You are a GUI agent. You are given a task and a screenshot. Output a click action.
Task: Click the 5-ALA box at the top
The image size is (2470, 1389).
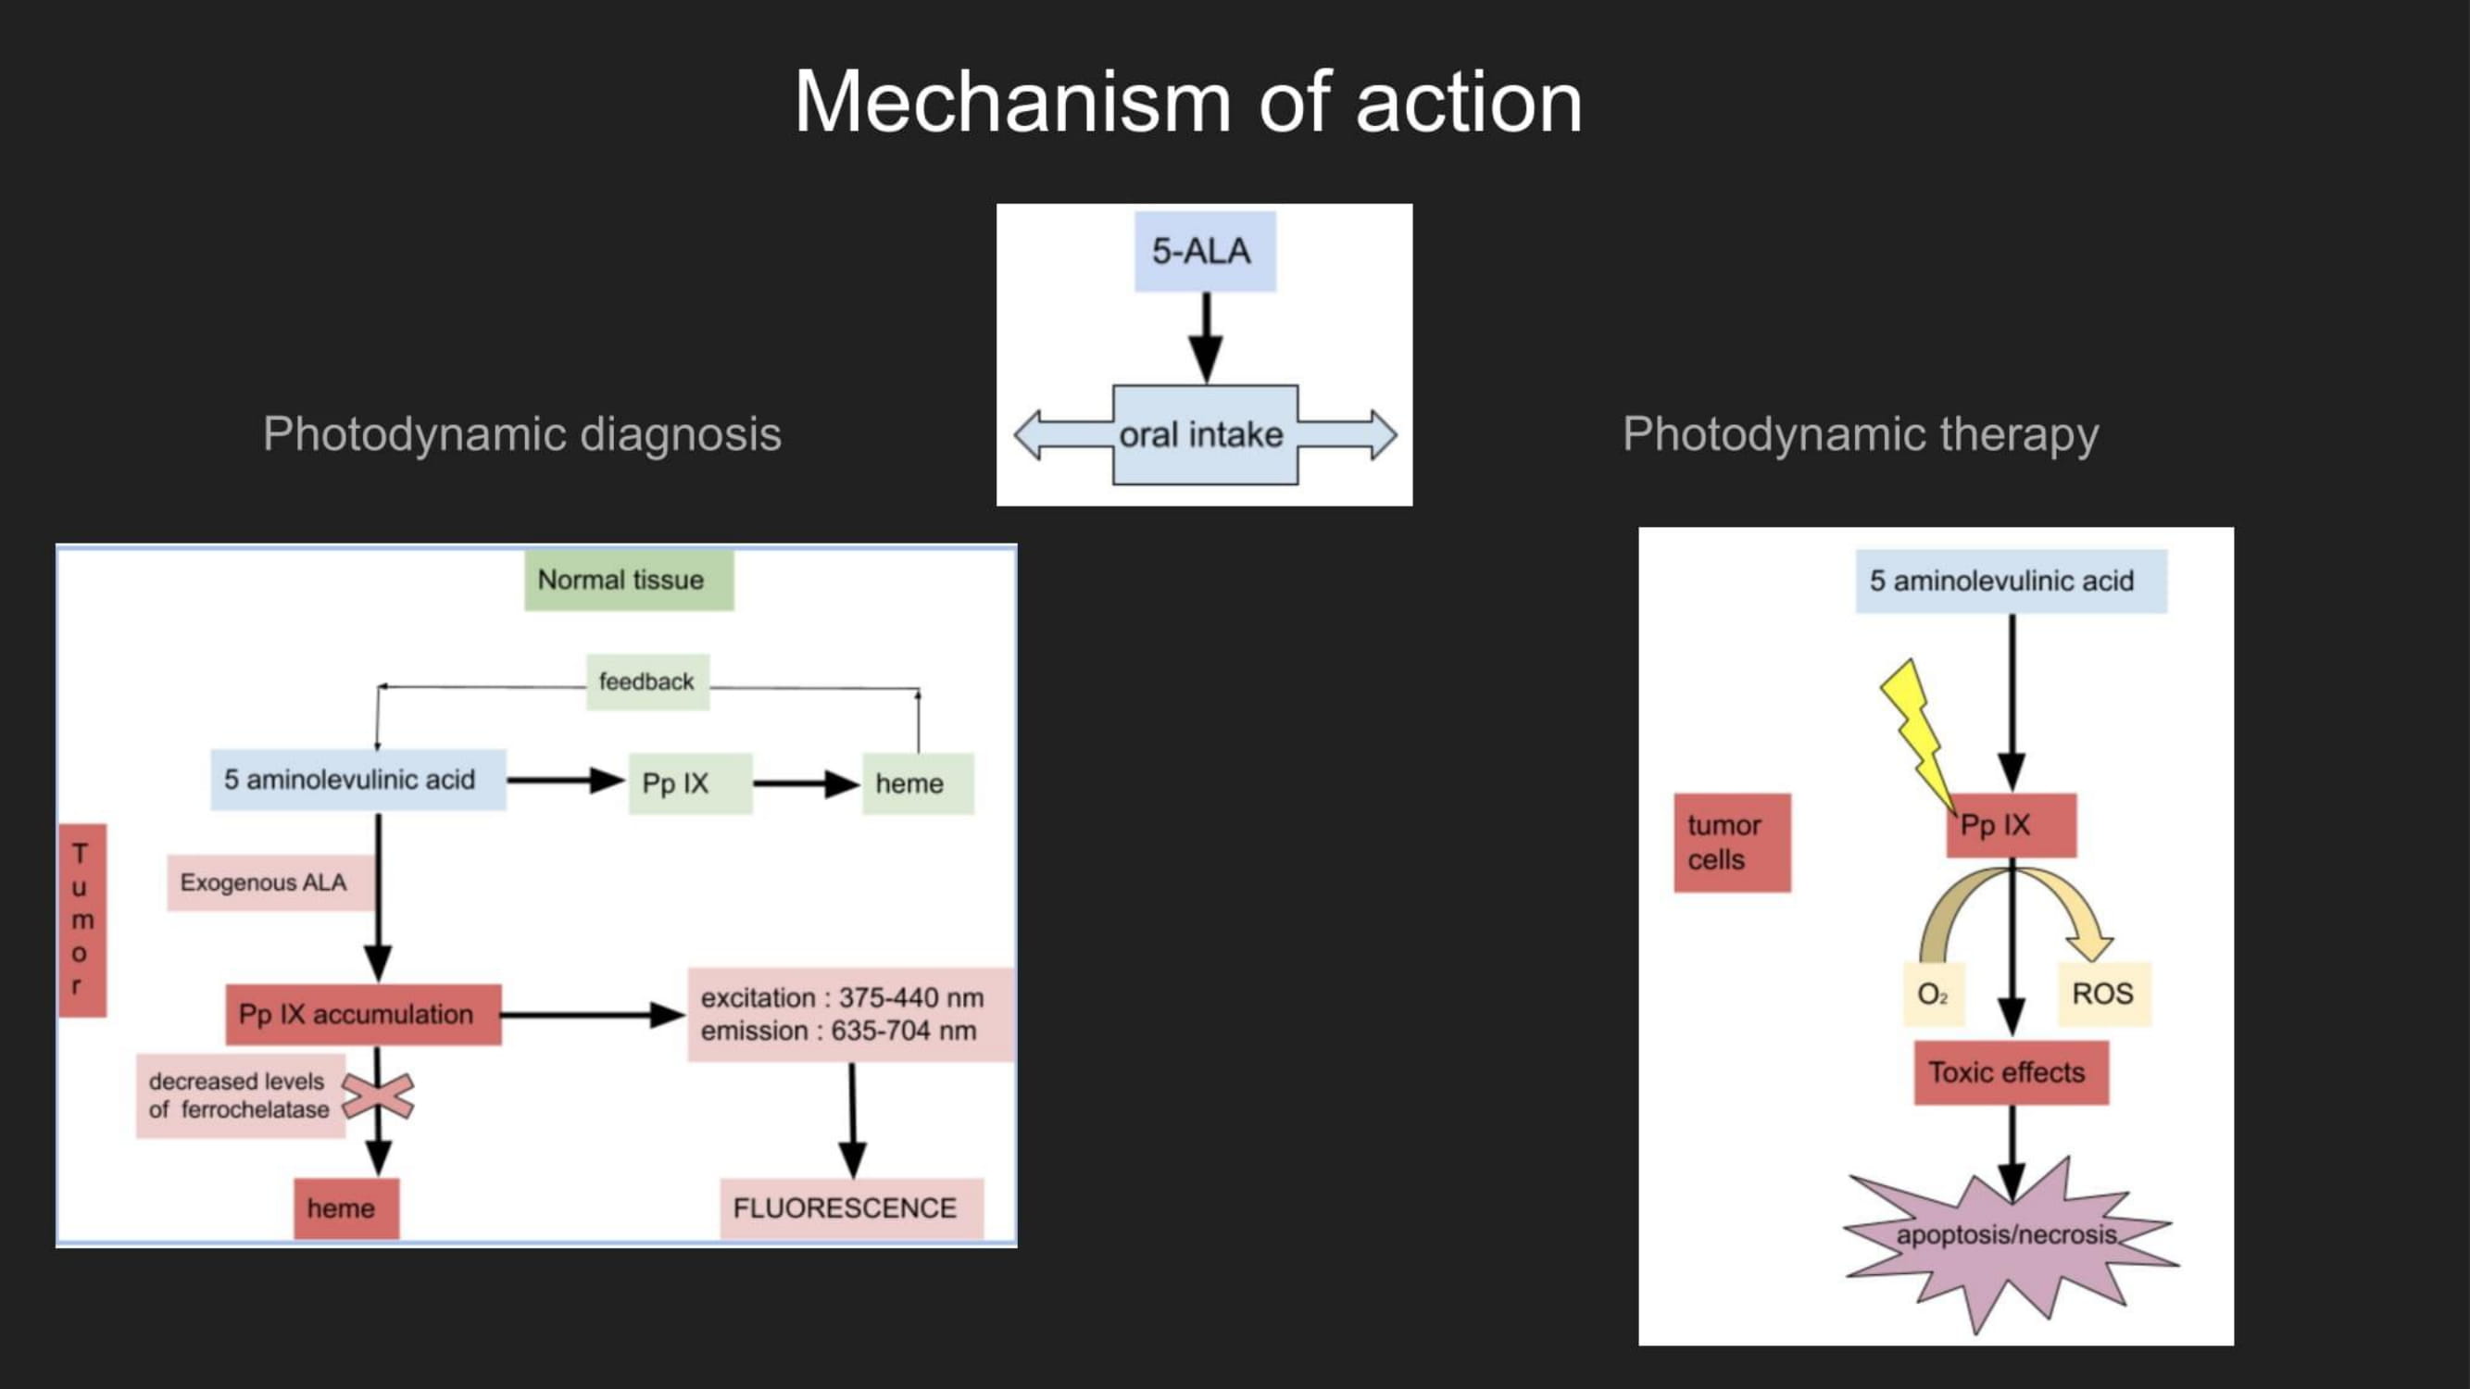click(1204, 251)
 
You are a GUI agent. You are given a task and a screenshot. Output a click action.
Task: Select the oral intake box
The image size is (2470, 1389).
click(1204, 435)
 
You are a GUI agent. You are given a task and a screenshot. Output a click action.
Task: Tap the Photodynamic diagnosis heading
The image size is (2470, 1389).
click(521, 434)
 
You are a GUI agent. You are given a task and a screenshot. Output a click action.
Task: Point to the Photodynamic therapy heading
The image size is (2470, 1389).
click(1861, 434)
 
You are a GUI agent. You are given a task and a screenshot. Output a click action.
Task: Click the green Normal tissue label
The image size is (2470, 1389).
click(628, 580)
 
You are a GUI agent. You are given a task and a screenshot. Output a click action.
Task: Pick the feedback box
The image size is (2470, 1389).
click(647, 682)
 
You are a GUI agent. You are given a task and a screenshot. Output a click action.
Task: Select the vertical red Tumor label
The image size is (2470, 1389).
click(81, 920)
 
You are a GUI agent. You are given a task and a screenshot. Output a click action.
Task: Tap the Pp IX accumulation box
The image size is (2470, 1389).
click(362, 1014)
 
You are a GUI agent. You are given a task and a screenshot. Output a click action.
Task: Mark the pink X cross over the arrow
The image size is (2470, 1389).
click(379, 1095)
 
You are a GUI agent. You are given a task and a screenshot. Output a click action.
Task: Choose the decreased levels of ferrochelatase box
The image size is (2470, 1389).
click(240, 1095)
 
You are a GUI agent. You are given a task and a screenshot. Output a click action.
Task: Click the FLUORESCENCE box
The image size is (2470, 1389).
click(850, 1208)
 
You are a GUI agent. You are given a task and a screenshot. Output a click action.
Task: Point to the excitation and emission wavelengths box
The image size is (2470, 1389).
click(848, 1014)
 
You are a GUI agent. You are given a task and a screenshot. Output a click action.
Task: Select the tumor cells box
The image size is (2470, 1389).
click(1732, 843)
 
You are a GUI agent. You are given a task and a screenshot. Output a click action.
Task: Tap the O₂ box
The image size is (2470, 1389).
click(1933, 994)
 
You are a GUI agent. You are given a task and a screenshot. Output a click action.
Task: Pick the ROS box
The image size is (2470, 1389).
click(2104, 994)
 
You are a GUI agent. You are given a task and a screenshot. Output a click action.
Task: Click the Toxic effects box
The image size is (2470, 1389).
click(2011, 1072)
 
